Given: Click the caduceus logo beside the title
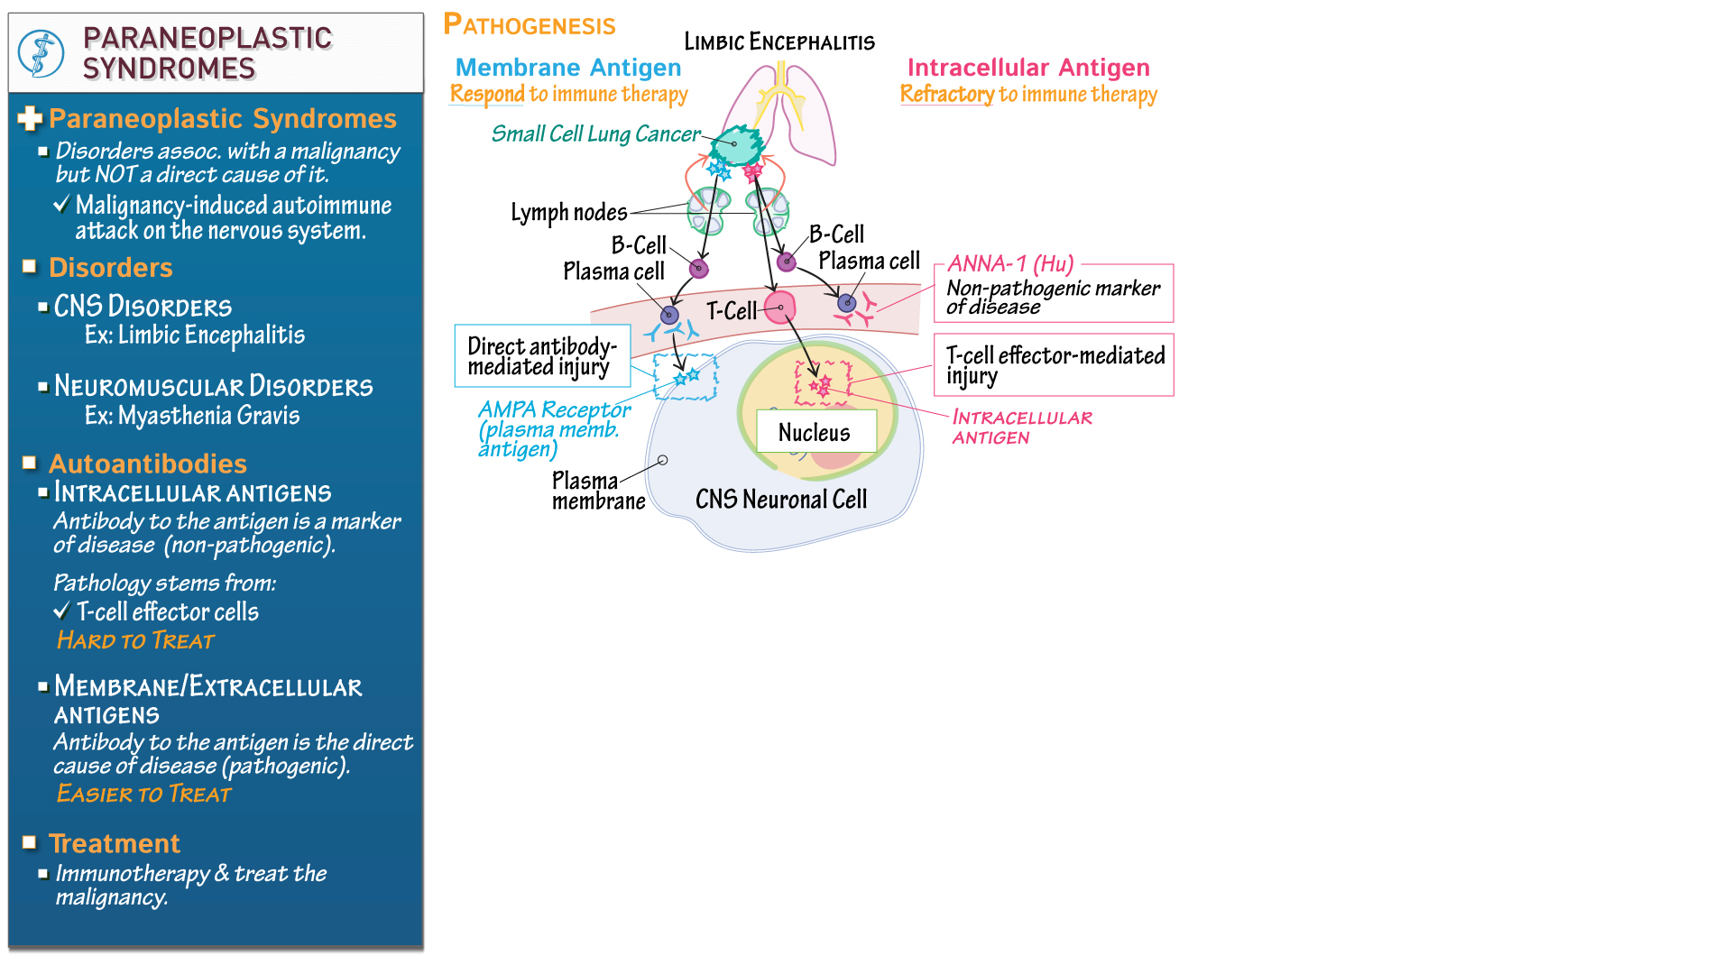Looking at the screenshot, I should click(x=41, y=53).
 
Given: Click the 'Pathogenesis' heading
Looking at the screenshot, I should click(x=530, y=24).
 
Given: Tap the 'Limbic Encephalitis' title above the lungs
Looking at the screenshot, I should click(x=778, y=41).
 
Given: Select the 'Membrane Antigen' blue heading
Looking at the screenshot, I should click(x=567, y=68).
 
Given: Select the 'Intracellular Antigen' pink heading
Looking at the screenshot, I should click(x=1027, y=68).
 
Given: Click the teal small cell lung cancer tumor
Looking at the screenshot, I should click(x=737, y=145).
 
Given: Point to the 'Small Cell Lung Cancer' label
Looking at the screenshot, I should click(x=595, y=134).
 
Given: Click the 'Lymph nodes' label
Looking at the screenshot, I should click(x=568, y=213).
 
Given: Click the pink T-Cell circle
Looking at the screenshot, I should click(x=780, y=308).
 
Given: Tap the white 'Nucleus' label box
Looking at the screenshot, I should click(x=815, y=432).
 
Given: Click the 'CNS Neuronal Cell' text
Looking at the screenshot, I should click(x=780, y=499).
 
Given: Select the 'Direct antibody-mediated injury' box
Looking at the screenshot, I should click(x=542, y=356).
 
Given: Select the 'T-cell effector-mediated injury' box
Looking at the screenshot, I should click(x=1054, y=364).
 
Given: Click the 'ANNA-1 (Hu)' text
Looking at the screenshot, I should click(x=1009, y=264).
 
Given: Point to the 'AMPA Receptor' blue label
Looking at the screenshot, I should click(x=554, y=410).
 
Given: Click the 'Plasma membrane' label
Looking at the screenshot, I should click(x=597, y=491).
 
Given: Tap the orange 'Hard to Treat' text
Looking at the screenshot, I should click(x=135, y=640).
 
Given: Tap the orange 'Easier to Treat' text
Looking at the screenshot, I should click(x=143, y=794).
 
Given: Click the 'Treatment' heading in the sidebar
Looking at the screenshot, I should click(x=115, y=843).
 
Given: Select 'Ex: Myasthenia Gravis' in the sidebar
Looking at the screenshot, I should click(x=191, y=416).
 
